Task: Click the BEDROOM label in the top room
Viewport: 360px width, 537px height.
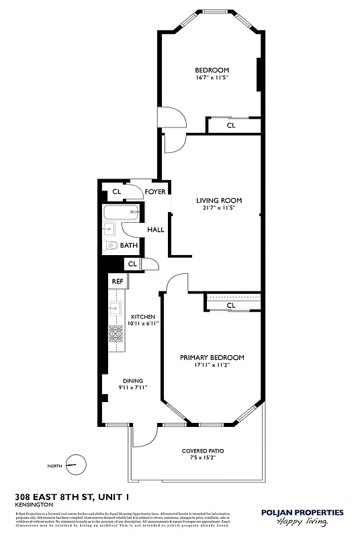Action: click(212, 70)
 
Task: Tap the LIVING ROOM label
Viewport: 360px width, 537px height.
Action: click(219, 200)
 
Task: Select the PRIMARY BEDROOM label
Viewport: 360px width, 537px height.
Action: click(212, 358)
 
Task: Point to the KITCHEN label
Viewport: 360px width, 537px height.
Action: click(143, 317)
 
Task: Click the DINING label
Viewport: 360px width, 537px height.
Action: click(132, 381)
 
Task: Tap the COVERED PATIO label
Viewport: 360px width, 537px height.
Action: click(203, 450)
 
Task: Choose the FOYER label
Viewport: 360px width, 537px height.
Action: click(155, 192)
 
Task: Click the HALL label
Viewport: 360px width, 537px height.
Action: click(156, 230)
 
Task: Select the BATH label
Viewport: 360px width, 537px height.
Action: click(129, 246)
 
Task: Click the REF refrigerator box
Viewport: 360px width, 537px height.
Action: click(118, 281)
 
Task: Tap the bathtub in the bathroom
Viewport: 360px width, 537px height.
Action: click(122, 215)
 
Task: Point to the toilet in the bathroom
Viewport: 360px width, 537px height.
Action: click(111, 246)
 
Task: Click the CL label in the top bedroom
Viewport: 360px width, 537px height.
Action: click(231, 125)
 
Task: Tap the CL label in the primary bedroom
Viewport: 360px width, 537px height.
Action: click(231, 305)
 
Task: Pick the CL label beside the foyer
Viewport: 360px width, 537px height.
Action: click(117, 192)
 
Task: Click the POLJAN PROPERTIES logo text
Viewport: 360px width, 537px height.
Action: click(302, 512)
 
